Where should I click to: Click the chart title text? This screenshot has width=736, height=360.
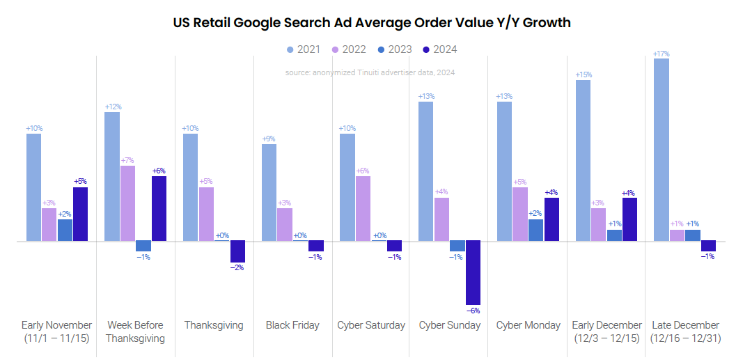(371, 22)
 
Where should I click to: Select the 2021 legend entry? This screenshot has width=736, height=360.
(304, 49)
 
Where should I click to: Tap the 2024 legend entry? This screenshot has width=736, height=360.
(439, 49)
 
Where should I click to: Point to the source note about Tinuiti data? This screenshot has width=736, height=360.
(370, 72)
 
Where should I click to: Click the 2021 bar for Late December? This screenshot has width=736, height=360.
(661, 150)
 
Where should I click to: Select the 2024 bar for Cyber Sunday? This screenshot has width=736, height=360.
(473, 273)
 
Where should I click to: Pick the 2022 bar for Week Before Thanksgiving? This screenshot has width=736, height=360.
(127, 203)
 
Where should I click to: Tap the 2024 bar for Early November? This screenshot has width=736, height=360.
(81, 214)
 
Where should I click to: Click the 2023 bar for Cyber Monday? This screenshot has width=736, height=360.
(536, 230)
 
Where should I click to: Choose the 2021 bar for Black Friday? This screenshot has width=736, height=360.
(269, 193)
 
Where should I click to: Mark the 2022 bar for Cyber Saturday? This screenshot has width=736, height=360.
(363, 209)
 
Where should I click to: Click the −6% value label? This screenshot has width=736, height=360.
(473, 311)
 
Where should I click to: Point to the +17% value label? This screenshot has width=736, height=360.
(661, 54)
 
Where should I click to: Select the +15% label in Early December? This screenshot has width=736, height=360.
(583, 75)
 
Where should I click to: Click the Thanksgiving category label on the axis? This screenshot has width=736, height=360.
(214, 325)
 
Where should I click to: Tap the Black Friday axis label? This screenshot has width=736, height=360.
(292, 325)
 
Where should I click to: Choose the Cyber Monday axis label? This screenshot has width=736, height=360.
(528, 325)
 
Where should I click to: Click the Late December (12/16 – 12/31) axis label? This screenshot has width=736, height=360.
(685, 331)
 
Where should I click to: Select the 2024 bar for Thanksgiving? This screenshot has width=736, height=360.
(238, 251)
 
